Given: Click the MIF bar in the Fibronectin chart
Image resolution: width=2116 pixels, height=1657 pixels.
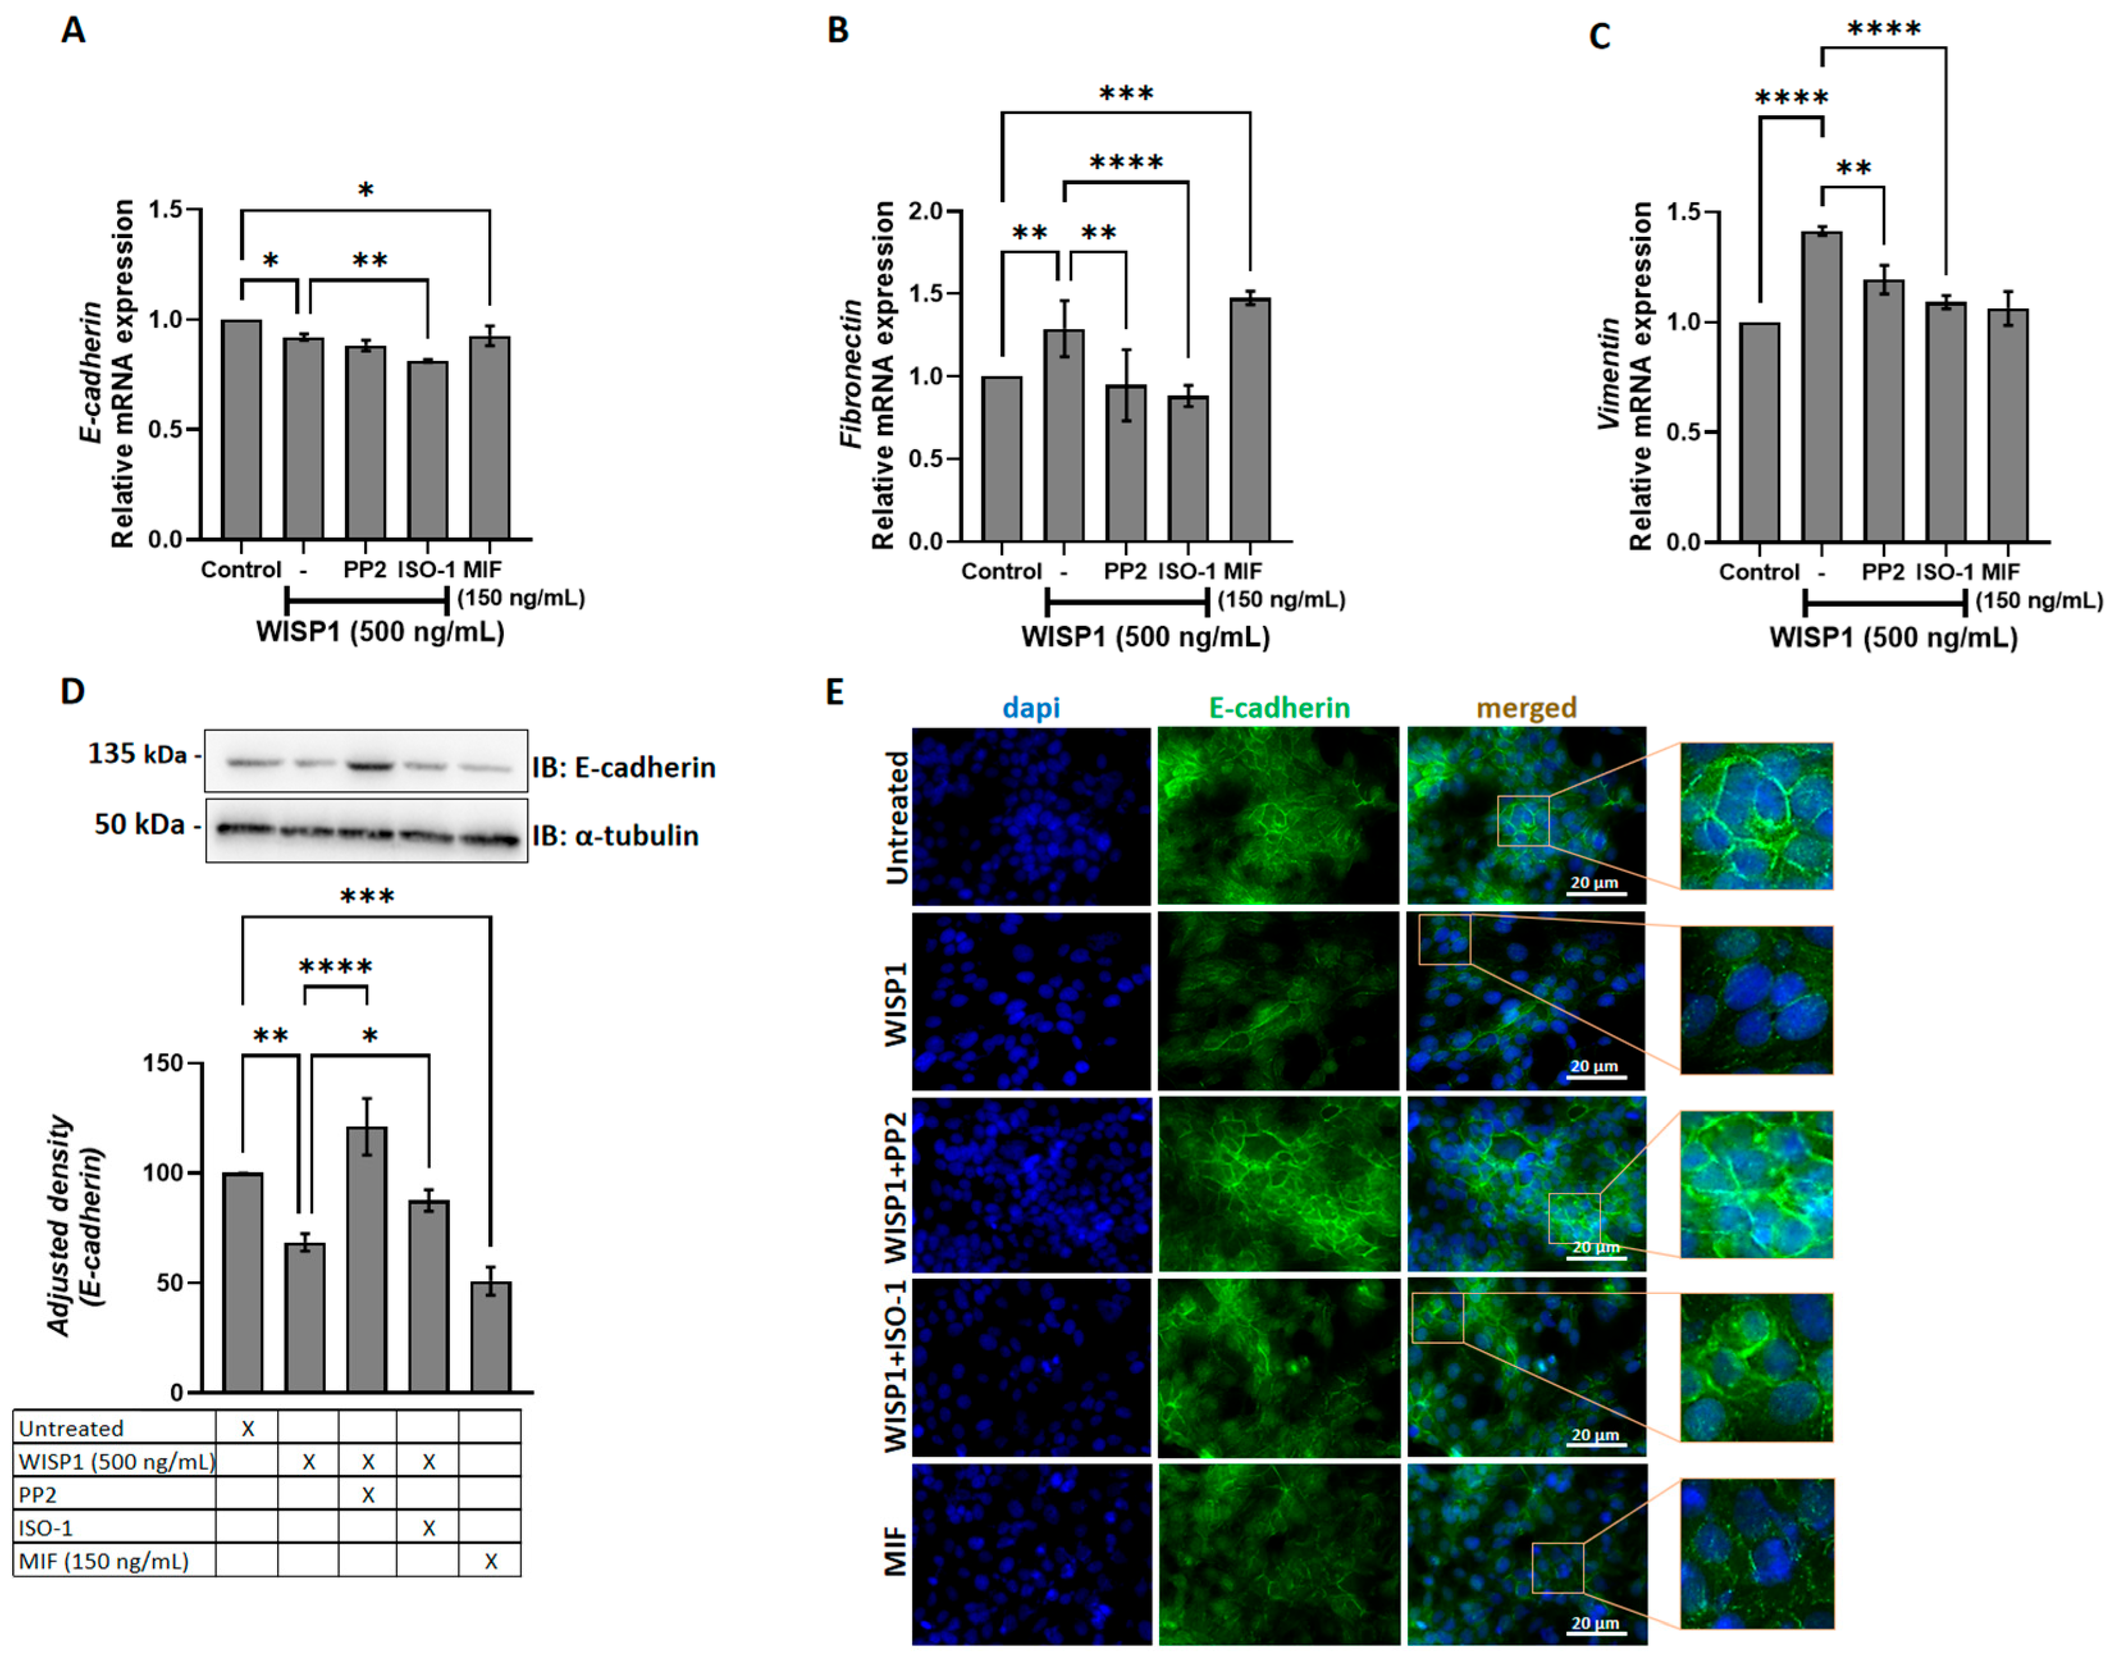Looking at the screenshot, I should pyautogui.click(x=1249, y=419).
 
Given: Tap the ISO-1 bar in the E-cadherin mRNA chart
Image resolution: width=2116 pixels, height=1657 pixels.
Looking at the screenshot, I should pyautogui.click(x=428, y=450).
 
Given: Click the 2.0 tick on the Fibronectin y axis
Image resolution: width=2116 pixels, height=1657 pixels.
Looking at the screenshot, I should pyautogui.click(x=927, y=211).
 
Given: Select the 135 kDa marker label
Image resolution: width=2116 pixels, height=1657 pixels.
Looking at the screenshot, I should pyautogui.click(x=137, y=754).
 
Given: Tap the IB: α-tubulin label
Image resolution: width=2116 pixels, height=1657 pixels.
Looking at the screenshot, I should pyautogui.click(x=615, y=835).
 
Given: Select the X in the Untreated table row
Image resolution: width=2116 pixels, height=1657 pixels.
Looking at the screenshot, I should pyautogui.click(x=248, y=1428).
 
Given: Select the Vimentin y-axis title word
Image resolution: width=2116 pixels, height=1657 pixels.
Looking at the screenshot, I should pyautogui.click(x=1610, y=374).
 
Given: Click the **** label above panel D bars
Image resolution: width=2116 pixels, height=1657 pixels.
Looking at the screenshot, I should pyautogui.click(x=335, y=966).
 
